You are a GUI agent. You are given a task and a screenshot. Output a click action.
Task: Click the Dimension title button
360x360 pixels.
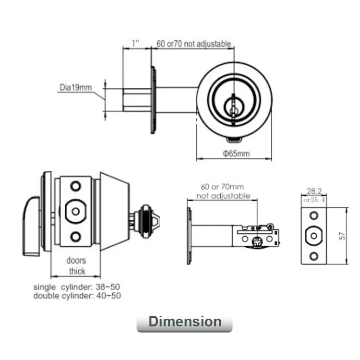(x=184, y=322)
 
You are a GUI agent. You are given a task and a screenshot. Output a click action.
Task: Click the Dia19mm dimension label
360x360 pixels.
(x=75, y=87)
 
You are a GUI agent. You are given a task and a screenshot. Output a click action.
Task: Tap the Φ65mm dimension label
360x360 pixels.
(x=237, y=154)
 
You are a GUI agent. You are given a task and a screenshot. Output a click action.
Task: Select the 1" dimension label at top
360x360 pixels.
(x=135, y=44)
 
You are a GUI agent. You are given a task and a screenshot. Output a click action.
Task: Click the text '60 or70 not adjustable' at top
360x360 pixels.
(x=194, y=44)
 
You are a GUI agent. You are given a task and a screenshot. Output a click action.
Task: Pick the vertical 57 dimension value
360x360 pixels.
(x=354, y=236)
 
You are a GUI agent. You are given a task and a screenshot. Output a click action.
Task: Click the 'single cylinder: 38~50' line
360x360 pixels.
(x=76, y=287)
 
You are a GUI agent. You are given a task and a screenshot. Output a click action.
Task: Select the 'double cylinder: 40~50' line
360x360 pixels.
(x=77, y=296)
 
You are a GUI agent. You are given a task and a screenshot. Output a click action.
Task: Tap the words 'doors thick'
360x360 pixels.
(x=76, y=266)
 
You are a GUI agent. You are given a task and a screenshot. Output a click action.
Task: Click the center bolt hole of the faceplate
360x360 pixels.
(x=313, y=235)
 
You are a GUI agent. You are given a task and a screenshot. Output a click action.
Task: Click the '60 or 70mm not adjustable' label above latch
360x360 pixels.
(x=223, y=191)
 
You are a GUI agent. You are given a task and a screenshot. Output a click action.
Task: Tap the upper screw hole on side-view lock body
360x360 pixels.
(x=75, y=186)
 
